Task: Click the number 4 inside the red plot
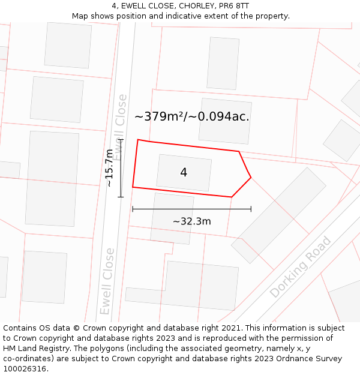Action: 184,173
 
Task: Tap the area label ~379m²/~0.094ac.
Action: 191,116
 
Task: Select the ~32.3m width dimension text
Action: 191,221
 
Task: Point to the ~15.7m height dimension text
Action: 109,168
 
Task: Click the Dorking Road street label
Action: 300,268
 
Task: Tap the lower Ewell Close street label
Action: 107,281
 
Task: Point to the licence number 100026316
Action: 25,369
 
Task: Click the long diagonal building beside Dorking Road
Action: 279,215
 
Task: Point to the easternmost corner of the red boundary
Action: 251,178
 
